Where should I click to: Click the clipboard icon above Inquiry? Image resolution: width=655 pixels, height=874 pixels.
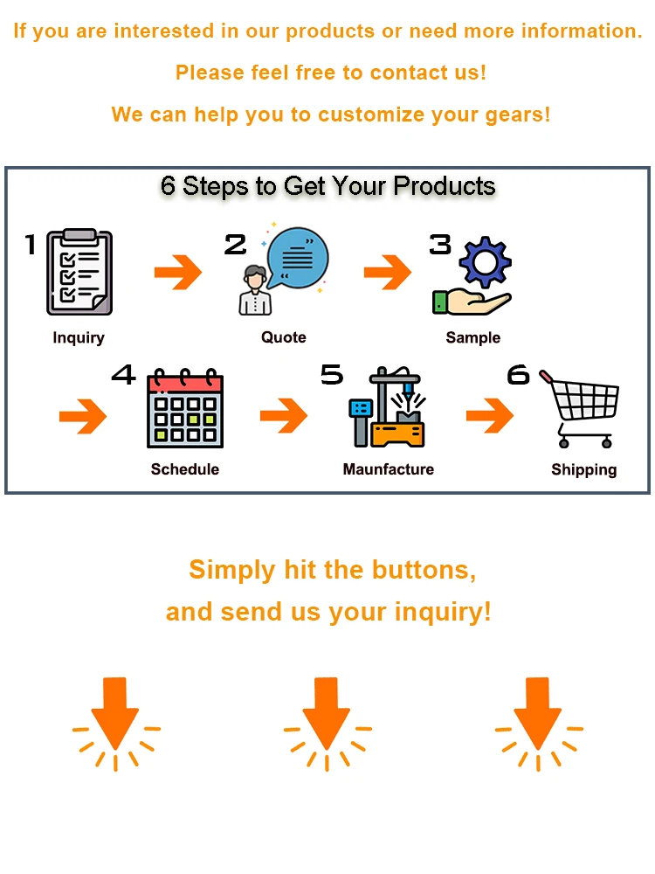(x=79, y=272)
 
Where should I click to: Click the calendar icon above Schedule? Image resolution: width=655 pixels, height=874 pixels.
(x=184, y=410)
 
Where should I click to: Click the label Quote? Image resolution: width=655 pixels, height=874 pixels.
(x=284, y=337)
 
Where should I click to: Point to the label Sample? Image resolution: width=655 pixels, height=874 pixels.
(x=473, y=337)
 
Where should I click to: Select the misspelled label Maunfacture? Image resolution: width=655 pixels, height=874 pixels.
(x=388, y=469)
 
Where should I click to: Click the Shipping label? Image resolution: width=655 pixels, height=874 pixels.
(x=583, y=469)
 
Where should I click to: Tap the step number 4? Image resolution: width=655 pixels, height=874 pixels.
(x=123, y=375)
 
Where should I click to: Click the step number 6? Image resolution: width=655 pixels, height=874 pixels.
(x=518, y=375)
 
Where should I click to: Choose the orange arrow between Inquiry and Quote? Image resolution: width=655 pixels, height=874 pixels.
(x=178, y=274)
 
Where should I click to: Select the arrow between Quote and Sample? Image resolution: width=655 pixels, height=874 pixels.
(x=388, y=274)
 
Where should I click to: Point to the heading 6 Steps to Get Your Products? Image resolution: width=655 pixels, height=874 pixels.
(x=327, y=185)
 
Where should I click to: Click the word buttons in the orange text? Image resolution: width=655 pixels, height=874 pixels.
(x=424, y=570)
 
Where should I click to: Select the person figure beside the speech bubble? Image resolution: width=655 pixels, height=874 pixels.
(x=255, y=290)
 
